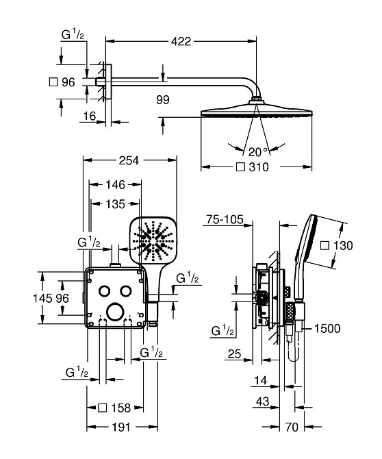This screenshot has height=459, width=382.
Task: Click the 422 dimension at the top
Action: tap(181, 41)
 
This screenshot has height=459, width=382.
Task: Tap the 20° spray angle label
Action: tap(258, 151)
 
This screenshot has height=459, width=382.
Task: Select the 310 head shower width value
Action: tap(259, 167)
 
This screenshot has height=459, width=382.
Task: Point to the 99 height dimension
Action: tap(163, 100)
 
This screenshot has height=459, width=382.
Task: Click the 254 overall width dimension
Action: tap(129, 160)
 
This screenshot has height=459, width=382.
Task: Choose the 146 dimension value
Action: tap(115, 184)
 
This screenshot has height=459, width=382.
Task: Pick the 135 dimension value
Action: tap(115, 204)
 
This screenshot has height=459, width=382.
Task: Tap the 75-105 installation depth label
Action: tap(225, 219)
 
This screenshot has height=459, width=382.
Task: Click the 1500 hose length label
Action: tap(327, 328)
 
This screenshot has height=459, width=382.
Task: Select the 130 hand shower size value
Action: tap(343, 245)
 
